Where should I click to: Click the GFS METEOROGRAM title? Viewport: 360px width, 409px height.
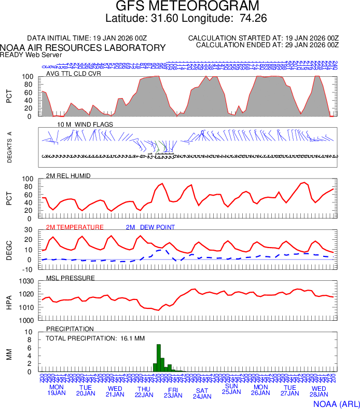187,6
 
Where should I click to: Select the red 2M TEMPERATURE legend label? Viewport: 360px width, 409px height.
75,227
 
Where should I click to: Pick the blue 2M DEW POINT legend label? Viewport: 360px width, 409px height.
150,227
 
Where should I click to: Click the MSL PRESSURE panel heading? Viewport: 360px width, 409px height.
71,278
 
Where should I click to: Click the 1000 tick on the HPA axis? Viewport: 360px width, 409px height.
27,320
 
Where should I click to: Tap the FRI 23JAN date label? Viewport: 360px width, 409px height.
173,392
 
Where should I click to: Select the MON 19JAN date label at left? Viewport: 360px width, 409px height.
56,390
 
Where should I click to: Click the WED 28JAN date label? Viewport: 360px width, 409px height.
319,391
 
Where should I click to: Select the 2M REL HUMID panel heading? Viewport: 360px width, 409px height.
68,176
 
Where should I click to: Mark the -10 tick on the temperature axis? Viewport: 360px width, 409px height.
29,269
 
